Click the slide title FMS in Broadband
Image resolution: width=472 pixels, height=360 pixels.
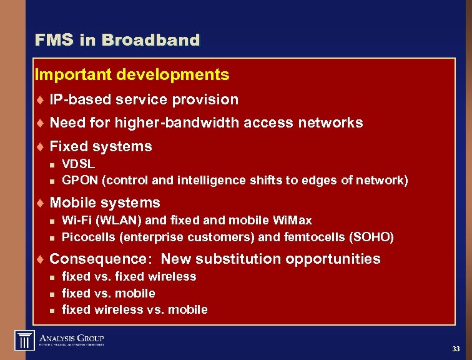pos(117,41)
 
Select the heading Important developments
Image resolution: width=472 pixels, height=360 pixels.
pos(132,75)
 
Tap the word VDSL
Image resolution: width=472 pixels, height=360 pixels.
pos(79,164)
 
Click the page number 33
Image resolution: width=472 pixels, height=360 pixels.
pos(456,348)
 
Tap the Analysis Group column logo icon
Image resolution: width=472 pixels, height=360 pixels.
pos(24,341)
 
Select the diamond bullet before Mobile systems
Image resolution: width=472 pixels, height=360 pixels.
pos(39,203)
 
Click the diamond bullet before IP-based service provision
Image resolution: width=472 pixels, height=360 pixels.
pos(39,100)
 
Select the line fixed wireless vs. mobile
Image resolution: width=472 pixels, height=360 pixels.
pos(135,309)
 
